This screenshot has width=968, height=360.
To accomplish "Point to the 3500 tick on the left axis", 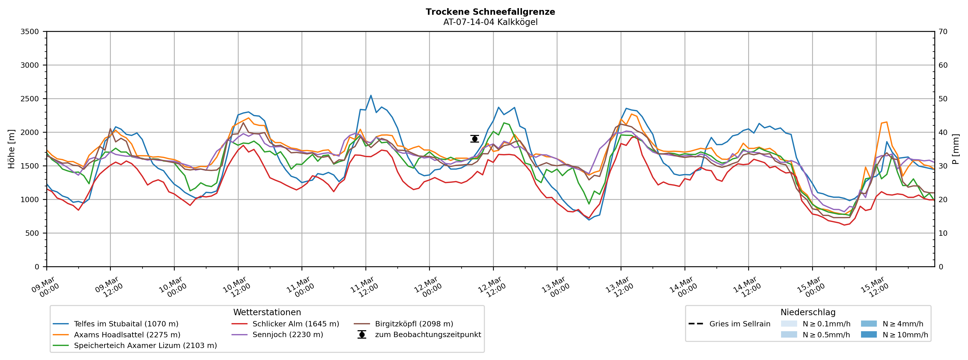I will click(x=30, y=32).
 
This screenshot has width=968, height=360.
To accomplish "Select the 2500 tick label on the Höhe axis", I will click(x=30, y=99).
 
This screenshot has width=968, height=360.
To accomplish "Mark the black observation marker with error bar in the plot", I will click(x=475, y=139).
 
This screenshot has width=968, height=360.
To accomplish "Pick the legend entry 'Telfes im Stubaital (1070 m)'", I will click(x=126, y=324).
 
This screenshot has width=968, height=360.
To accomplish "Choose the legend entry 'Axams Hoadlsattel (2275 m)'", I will click(x=127, y=335).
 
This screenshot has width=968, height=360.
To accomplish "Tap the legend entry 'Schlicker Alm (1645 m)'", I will click(x=295, y=324).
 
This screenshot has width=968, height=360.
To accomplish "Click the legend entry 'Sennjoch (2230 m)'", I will click(x=288, y=335).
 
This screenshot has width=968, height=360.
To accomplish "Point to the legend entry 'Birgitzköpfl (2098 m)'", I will click(x=414, y=324).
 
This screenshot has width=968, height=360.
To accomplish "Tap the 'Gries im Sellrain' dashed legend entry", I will click(x=740, y=324).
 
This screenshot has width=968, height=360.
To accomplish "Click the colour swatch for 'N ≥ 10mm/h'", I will click(x=869, y=335).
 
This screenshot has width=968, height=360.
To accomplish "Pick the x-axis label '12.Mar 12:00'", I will click(x=490, y=287).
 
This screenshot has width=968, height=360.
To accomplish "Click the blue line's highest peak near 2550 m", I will click(x=371, y=95).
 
